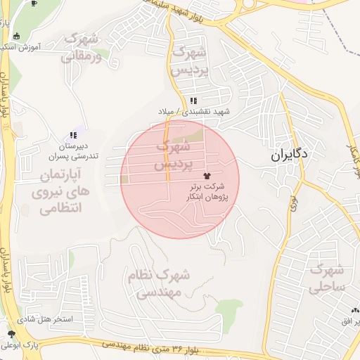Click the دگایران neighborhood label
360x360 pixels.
pos(290,155)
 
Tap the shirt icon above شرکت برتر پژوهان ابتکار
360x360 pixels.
pos(206,175)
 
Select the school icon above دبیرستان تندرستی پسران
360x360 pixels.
pos(72,136)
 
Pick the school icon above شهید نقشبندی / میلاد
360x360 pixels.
pos(193,101)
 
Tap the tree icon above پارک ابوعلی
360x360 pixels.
pos(11,334)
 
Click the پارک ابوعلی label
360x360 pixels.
pos(20,345)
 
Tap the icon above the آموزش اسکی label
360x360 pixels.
pos(17,37)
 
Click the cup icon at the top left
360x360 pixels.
pos(35,3)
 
